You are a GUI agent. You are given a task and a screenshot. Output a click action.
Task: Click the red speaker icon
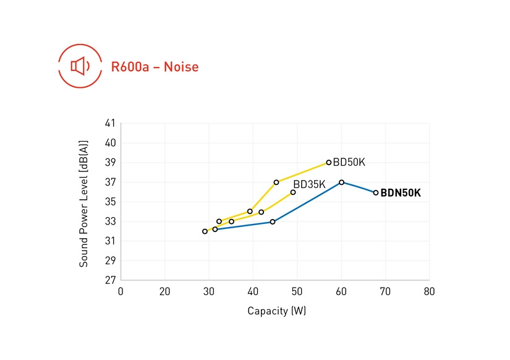coord(80,66)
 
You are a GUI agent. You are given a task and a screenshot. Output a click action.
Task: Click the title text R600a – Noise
coord(155,67)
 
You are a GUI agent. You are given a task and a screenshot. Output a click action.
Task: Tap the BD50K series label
coord(349,163)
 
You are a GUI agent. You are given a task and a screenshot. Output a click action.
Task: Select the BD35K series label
coord(309,184)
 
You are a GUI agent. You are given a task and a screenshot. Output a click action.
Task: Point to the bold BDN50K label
coord(401,193)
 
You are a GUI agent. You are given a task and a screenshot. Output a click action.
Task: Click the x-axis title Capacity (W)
coord(276,311)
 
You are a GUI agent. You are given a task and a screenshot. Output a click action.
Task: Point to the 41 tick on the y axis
coord(111,123)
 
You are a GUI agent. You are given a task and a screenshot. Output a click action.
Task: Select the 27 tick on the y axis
coord(111,280)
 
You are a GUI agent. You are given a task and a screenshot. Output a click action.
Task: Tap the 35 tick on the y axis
coord(111,202)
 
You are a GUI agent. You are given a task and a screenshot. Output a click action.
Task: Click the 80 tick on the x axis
coord(429,291)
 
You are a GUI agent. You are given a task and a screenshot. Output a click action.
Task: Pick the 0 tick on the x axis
coord(121,291)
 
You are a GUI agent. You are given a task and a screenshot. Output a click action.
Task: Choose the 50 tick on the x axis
coord(297,291)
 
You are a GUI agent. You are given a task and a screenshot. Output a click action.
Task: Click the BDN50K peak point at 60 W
coord(341,182)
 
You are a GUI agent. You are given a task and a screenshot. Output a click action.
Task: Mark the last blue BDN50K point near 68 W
coord(375,192)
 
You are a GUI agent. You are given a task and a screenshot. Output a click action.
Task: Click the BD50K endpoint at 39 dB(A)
coord(329,163)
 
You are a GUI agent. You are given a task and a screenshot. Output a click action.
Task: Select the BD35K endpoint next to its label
coord(293,192)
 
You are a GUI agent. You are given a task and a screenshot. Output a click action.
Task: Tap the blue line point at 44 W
coord(273,221)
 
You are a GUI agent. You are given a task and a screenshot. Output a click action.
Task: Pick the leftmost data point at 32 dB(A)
coord(205,231)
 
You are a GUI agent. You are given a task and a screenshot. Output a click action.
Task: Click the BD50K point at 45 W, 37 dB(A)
coord(276,182)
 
